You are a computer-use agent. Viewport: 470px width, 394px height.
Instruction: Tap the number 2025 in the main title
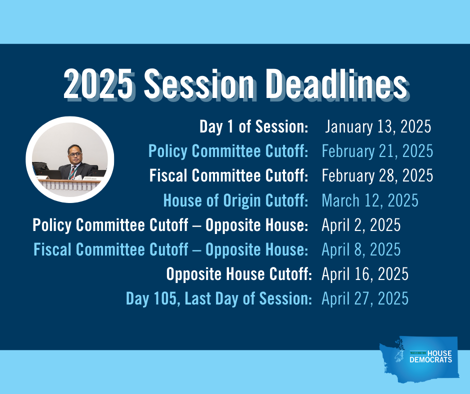pos(98,83)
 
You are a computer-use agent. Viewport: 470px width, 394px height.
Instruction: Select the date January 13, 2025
pos(378,126)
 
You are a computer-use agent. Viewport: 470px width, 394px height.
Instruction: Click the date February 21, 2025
pos(377,151)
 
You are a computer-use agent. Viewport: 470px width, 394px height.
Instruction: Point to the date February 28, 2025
pos(377,175)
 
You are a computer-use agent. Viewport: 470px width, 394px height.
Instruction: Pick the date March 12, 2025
pos(370,200)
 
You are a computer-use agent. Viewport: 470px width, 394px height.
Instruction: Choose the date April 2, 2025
pos(361,225)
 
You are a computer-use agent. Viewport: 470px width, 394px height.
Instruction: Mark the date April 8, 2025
pos(361,249)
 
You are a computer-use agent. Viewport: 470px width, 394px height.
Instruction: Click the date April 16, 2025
pos(365,274)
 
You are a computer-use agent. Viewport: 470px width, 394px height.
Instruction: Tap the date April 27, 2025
pos(365,298)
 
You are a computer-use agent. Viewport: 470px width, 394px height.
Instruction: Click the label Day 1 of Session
pos(254,126)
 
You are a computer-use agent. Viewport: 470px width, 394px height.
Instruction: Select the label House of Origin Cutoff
pos(235,200)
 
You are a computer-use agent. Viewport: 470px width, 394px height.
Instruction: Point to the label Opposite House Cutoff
pos(239,274)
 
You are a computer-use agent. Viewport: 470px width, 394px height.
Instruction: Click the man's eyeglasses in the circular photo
pos(75,154)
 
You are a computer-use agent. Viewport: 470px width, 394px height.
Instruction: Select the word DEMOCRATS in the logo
pos(430,360)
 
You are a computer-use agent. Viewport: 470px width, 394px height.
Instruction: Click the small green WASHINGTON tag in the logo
pos(418,353)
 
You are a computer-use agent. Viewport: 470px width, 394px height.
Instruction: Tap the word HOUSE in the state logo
pos(439,353)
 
